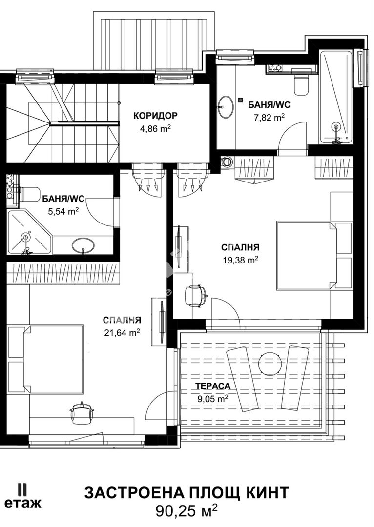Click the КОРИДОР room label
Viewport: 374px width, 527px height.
tap(155, 116)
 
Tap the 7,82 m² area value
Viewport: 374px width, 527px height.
tap(269, 118)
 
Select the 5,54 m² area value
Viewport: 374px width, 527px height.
tap(63, 212)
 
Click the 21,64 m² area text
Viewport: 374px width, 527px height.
tap(122, 332)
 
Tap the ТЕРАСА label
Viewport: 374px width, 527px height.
tap(213, 386)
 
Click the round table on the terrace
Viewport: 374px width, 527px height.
tap(270, 364)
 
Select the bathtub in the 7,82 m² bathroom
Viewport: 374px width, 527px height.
tap(336, 97)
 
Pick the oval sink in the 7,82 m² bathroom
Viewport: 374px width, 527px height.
tap(225, 107)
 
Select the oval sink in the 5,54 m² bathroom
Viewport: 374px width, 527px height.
tap(83, 245)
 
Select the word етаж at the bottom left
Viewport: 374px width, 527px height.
tap(23, 503)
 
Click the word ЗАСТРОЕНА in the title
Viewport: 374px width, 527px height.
tap(135, 493)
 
